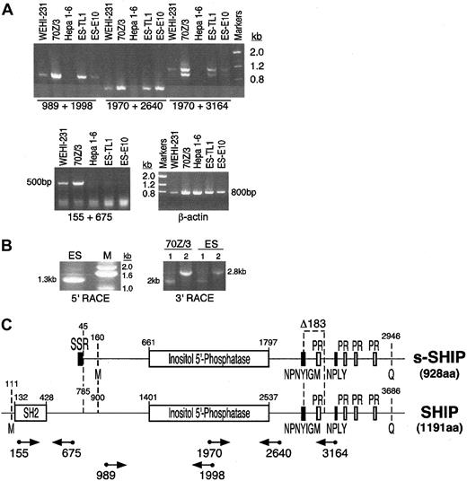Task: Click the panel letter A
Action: (x=8, y=8)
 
